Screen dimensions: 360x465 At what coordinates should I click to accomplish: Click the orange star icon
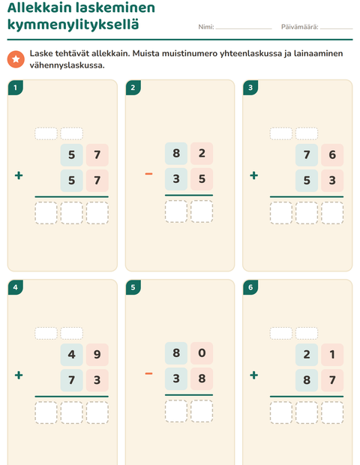pos(16,59)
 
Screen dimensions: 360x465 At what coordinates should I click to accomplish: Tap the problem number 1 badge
pos(16,88)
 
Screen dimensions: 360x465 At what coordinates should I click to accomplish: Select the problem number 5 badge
pos(133,287)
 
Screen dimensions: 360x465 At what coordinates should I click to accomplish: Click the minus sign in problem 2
pos(148,174)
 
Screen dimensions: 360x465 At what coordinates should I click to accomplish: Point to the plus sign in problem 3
pos(253,175)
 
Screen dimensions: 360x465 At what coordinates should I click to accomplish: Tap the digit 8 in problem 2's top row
pos(176,153)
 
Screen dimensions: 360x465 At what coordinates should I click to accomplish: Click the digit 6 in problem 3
pos(332,154)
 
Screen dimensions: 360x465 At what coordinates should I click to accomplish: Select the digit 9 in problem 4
pos(97,355)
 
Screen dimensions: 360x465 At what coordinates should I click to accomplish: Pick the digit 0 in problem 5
pos(202,353)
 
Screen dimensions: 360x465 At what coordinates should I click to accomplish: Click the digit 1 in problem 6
pos(332,355)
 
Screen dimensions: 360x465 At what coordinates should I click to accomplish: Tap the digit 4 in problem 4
pos(71,355)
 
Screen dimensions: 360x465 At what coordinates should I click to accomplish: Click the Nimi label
pos(206,27)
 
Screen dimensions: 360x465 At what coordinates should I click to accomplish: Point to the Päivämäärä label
pos(299,27)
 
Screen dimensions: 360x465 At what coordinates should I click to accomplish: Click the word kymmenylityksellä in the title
pos(73,24)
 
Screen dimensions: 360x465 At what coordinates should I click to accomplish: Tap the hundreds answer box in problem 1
pos(46,213)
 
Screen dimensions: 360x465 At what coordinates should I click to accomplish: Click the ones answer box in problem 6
pos(332,412)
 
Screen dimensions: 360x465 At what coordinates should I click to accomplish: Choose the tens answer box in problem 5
pos(176,411)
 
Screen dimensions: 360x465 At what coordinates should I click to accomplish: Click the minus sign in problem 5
pos(148,373)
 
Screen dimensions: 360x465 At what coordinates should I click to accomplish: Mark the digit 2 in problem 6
pos(307,355)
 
